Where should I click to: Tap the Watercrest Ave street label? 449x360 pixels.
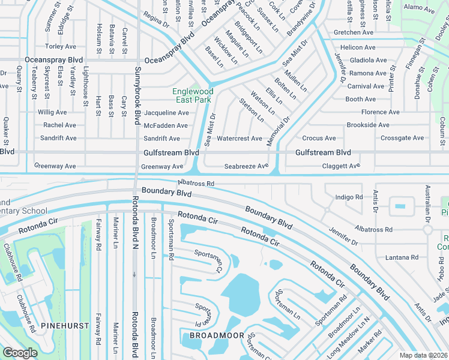click(x=239, y=139)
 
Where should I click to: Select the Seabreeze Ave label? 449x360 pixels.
click(x=246, y=166)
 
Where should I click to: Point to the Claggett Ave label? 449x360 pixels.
click(x=341, y=166)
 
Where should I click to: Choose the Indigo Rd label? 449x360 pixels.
click(x=349, y=197)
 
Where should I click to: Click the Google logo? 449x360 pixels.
click(x=20, y=353)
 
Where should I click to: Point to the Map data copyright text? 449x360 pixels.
click(x=424, y=355)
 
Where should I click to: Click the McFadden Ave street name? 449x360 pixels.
click(x=166, y=125)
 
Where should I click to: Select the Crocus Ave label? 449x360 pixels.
click(x=319, y=138)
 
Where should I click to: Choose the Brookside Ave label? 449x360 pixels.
click(x=368, y=125)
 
